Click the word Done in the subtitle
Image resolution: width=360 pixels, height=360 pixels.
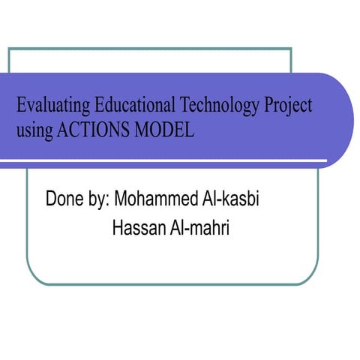coord(63,201)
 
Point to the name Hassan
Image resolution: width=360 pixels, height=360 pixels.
coord(136,227)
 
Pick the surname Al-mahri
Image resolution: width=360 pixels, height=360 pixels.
coord(196,227)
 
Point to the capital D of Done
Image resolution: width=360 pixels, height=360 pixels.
coord(51,201)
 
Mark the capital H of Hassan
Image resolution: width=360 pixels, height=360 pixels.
coord(117,227)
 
